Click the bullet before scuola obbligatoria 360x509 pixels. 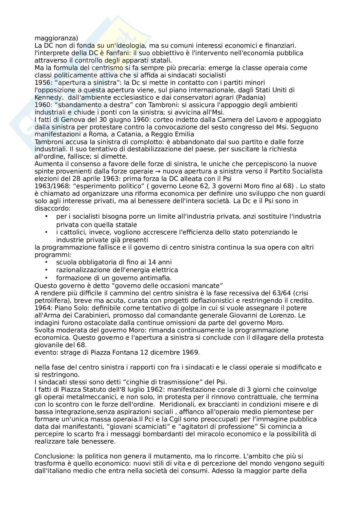click(47, 262)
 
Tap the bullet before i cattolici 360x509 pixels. click(47, 232)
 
